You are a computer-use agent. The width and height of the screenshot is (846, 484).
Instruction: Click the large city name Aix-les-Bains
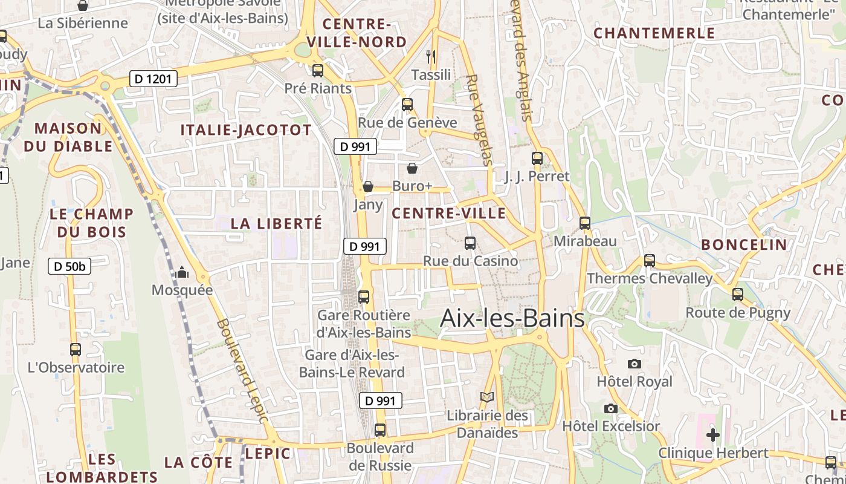tap(512, 318)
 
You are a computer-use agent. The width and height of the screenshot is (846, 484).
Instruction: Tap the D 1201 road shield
tap(153, 78)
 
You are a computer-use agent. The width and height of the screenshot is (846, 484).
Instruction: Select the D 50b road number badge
tap(69, 266)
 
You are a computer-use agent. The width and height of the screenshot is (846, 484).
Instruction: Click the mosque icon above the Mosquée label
tap(182, 273)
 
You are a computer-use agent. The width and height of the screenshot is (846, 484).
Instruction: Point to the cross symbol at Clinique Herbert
tap(713, 434)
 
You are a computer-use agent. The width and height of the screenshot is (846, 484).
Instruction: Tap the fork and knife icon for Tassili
tap(431, 57)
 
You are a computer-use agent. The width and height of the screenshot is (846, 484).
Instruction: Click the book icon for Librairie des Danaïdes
tap(487, 397)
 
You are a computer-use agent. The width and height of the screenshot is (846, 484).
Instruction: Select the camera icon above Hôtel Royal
tap(634, 364)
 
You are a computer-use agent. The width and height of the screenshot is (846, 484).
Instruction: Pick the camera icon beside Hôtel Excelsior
tap(611, 408)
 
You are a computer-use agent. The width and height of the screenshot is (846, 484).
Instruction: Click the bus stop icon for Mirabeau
tap(585, 223)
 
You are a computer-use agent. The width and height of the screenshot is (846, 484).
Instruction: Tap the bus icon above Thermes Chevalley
tap(650, 261)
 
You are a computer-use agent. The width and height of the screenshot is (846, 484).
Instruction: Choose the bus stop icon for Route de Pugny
tap(738, 295)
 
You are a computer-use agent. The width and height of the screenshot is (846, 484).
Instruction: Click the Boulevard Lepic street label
tap(242, 370)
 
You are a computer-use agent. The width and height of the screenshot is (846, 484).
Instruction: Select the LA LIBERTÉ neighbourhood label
tap(277, 223)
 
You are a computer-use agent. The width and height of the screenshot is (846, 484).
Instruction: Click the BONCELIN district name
tap(744, 245)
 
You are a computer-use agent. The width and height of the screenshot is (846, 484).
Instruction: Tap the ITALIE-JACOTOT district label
tap(246, 130)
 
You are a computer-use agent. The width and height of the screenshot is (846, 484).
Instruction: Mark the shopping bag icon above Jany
tap(368, 186)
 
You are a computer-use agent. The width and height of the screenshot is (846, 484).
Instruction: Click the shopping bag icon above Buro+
tap(412, 168)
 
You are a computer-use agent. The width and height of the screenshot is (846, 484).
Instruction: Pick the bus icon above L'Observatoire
tap(76, 350)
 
